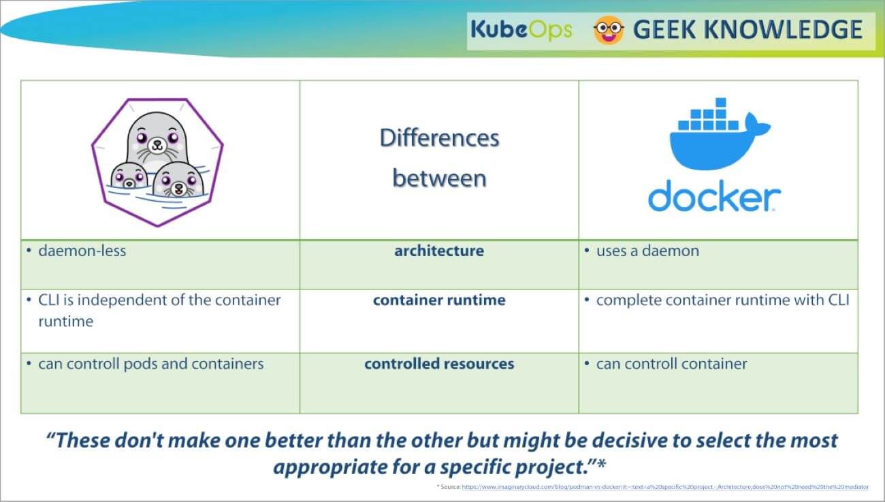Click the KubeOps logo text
coord(521,30)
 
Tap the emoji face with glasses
coord(609,31)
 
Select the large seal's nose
coord(157,142)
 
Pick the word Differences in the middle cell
coord(439,138)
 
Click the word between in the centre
coord(439,178)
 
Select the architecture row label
coord(439,251)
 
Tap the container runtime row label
coord(439,300)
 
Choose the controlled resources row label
coord(439,364)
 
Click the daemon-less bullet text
coord(82,251)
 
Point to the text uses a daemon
coord(647,251)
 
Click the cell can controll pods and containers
coord(150,364)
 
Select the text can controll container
coord(671,364)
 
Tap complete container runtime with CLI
coord(722,300)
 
